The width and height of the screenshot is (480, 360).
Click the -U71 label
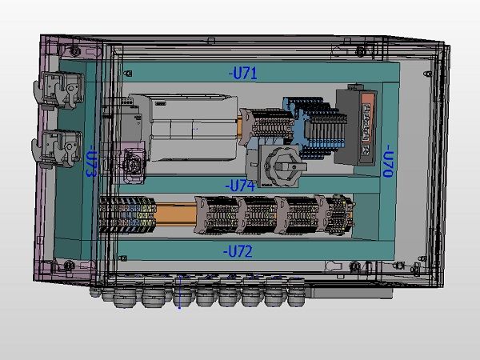coord(242,74)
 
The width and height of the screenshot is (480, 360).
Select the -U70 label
coord(386,160)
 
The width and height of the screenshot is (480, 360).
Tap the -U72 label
coord(238,251)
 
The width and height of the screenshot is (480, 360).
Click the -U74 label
coord(239,186)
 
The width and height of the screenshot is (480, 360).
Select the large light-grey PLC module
coord(192,128)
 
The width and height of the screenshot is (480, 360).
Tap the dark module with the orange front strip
coord(357,126)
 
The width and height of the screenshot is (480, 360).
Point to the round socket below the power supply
coord(130,163)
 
